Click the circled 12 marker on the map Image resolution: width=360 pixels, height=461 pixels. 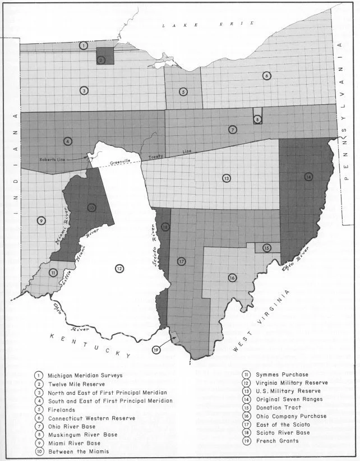click(119, 269)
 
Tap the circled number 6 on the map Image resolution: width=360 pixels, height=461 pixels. click(267, 76)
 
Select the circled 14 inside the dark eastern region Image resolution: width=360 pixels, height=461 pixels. click(308, 177)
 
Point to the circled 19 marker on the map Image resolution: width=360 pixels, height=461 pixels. click(157, 351)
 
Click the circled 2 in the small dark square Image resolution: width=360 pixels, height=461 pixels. click(101, 59)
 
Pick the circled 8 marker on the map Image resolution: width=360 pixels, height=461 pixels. click(257, 119)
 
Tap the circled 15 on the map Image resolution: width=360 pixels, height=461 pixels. click(267, 247)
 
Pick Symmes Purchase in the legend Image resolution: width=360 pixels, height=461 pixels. click(283, 374)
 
